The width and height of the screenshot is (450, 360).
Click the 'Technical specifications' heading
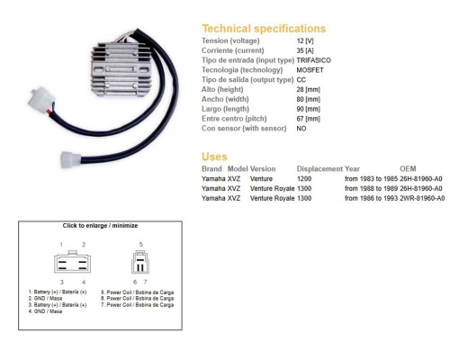(x=264, y=29)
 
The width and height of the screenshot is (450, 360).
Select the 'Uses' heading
(x=214, y=157)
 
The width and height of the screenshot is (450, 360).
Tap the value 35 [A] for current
(x=305, y=50)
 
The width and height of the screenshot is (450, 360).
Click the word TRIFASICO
(x=313, y=60)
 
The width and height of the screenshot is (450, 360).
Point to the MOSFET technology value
(x=310, y=70)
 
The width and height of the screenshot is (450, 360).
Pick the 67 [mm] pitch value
(x=308, y=119)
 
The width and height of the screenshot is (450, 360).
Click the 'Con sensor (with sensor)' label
(x=244, y=129)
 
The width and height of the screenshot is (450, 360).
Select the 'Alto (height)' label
(x=222, y=89)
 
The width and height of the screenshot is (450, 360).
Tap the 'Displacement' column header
(x=319, y=169)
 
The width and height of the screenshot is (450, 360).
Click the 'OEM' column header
(x=408, y=168)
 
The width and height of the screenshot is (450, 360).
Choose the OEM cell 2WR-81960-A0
(x=422, y=198)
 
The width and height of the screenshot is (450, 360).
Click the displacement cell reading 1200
(x=304, y=179)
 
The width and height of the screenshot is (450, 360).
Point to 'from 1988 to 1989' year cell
(x=371, y=188)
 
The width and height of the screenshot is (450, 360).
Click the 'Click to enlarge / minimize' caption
(x=100, y=226)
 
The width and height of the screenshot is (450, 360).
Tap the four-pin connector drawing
(x=72, y=262)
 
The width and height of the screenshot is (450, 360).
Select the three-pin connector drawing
(x=140, y=262)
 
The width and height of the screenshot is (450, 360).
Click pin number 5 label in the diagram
(x=141, y=245)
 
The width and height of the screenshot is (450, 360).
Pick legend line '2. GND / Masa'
(x=45, y=299)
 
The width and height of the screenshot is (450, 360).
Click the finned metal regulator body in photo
(x=121, y=69)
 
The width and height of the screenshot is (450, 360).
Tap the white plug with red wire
(x=42, y=99)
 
